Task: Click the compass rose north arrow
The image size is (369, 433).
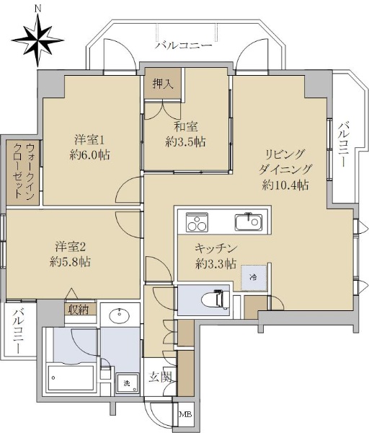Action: (x=37, y=40)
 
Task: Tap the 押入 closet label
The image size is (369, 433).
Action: (x=164, y=84)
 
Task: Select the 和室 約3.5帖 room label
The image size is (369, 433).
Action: (x=185, y=134)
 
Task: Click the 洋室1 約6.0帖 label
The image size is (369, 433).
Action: (x=90, y=148)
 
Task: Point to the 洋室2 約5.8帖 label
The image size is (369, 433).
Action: (x=71, y=254)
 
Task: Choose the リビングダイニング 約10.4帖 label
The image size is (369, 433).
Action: (x=285, y=170)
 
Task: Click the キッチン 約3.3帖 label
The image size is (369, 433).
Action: (x=216, y=256)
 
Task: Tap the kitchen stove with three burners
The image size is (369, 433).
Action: (x=197, y=222)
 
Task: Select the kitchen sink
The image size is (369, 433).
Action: (x=249, y=222)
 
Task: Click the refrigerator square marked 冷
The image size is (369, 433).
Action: (x=254, y=278)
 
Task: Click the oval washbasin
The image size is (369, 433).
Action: (x=120, y=315)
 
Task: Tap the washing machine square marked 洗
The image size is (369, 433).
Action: (x=127, y=383)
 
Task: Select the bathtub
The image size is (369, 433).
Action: (x=71, y=378)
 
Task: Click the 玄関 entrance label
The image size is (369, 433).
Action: (x=160, y=377)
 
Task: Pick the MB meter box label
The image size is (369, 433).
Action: (x=185, y=414)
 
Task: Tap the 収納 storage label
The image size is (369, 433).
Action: (x=79, y=310)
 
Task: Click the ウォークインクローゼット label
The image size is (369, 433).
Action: (x=24, y=171)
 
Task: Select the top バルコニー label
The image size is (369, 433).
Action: (x=183, y=45)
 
